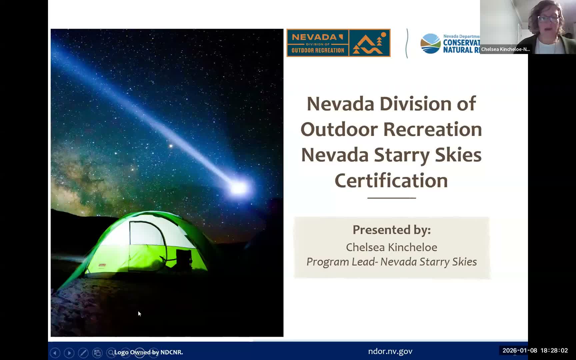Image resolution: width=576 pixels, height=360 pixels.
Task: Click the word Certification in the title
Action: coord(391,181)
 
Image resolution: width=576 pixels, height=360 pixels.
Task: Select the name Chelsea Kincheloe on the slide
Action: coord(391,247)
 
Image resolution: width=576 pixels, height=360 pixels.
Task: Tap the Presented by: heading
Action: coord(391,230)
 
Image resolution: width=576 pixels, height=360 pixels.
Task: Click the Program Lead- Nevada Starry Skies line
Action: coord(391,262)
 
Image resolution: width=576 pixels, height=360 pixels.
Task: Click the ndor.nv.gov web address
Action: coord(390,351)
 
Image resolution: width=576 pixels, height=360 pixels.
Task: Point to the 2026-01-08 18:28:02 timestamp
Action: coord(535,350)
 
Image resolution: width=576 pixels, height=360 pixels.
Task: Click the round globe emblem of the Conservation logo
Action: coord(430,44)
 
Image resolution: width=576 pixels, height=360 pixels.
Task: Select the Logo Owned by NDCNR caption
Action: coord(149,352)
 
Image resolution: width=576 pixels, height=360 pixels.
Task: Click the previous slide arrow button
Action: coord(55,353)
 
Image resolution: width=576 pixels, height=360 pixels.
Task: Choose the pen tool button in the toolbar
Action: coord(83,353)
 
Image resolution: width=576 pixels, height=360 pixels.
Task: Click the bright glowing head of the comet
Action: coord(239,188)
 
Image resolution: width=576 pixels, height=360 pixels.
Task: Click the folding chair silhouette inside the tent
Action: coord(183,258)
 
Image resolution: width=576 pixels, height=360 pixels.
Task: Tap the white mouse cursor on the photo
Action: coord(139,313)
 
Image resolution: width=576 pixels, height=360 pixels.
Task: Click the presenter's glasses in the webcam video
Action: coord(549,18)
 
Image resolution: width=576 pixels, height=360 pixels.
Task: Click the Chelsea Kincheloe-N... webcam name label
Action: coord(505,49)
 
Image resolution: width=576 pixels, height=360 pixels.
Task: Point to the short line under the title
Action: coord(391,198)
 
